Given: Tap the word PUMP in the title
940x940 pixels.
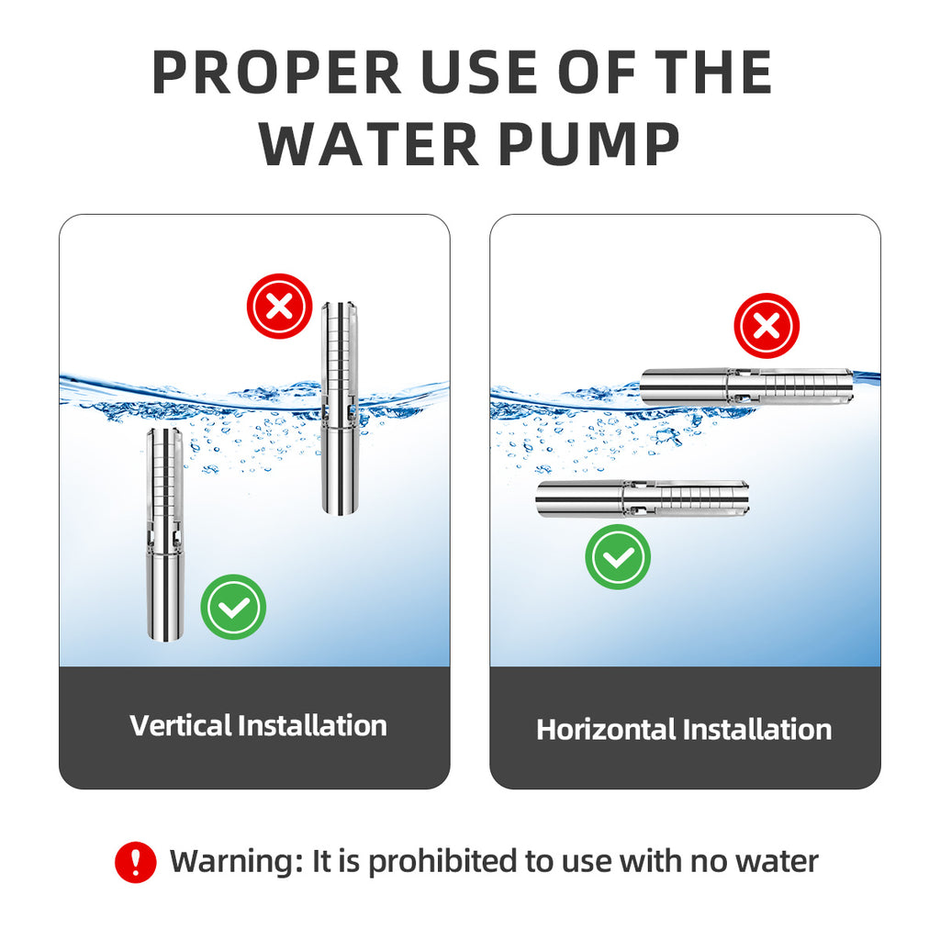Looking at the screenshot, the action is pyautogui.click(x=589, y=144).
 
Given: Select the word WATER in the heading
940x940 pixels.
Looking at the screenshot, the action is pyautogui.click(x=369, y=144).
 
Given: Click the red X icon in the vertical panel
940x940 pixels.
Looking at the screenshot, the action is pyautogui.click(x=279, y=307).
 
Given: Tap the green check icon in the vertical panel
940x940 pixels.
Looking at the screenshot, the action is pyautogui.click(x=233, y=607).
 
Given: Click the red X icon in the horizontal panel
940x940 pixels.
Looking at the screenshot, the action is pyautogui.click(x=767, y=326).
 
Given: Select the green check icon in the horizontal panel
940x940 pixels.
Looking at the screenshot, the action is pyautogui.click(x=618, y=557).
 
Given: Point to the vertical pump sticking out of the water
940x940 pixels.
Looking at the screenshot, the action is pyautogui.click(x=341, y=408).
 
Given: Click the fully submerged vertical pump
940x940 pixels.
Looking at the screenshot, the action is pyautogui.click(x=165, y=535).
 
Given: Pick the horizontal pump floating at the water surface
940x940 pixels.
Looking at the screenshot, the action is pyautogui.click(x=747, y=386).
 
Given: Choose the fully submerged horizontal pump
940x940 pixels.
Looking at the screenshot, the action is pyautogui.click(x=643, y=498).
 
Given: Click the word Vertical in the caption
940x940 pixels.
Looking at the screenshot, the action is pyautogui.click(x=180, y=725).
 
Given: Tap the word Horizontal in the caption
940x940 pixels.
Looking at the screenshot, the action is pyautogui.click(x=606, y=730).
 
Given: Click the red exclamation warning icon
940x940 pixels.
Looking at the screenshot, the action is pyautogui.click(x=136, y=862).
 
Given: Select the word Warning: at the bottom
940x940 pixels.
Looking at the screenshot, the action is pyautogui.click(x=236, y=862).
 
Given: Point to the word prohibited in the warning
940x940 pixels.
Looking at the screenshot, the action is pyautogui.click(x=443, y=862).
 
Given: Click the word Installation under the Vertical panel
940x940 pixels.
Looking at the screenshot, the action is pyautogui.click(x=312, y=725).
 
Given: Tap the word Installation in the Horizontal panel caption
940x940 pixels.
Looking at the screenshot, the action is pyautogui.click(x=757, y=730).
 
